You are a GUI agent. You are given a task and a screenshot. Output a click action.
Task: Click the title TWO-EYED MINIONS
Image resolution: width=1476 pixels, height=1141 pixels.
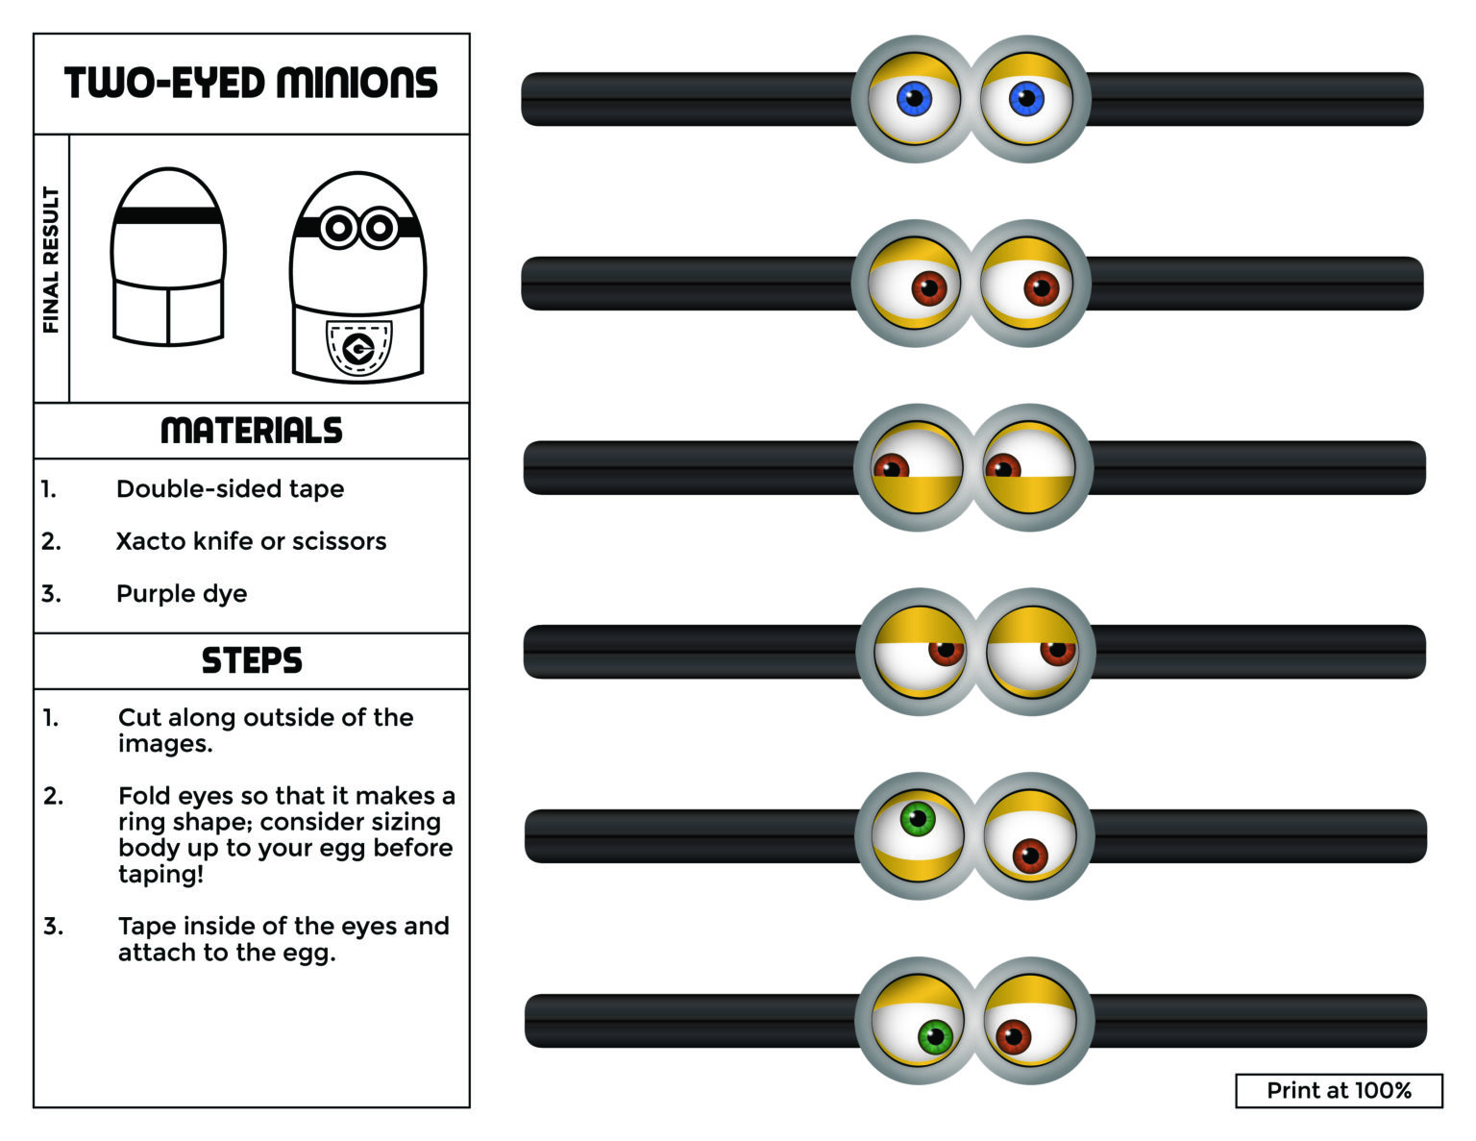[251, 84]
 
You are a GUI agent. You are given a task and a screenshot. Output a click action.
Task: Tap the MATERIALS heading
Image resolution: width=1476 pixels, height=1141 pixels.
[251, 431]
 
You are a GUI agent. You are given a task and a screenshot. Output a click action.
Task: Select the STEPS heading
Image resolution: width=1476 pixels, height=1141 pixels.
[251, 660]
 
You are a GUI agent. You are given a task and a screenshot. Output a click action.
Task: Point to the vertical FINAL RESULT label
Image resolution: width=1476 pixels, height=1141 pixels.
[51, 260]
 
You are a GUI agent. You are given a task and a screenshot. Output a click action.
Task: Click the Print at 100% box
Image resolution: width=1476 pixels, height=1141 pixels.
[1338, 1090]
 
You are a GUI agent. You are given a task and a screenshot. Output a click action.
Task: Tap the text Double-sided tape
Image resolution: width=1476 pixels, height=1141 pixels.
[230, 488]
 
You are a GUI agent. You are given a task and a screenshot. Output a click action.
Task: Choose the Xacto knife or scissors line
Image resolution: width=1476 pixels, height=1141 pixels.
[251, 541]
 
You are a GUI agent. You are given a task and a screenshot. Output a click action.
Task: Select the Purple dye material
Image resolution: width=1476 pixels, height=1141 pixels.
[182, 593]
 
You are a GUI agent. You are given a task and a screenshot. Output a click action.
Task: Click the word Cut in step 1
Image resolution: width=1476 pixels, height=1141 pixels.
[139, 717]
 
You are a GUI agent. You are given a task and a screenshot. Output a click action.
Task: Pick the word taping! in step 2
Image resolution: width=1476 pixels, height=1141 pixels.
[160, 874]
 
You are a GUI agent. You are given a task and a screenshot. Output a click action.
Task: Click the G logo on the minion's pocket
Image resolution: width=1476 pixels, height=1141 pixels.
[358, 350]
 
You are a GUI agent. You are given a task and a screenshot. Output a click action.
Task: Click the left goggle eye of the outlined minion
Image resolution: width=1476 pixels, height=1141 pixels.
[338, 228]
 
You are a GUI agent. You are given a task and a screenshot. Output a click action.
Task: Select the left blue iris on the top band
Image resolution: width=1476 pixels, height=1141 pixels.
[914, 97]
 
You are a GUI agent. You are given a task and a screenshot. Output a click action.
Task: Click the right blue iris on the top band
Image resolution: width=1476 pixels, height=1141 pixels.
[1026, 97]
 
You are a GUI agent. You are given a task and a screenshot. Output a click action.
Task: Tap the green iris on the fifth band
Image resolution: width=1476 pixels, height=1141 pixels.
[918, 819]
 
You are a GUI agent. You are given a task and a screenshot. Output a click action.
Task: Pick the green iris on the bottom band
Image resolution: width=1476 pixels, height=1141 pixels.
[935, 1037]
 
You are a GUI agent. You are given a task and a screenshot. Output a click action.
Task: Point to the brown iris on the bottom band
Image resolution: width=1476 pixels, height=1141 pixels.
[1013, 1037]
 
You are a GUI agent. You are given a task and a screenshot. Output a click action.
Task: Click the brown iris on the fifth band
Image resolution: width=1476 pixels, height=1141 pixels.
[1029, 856]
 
